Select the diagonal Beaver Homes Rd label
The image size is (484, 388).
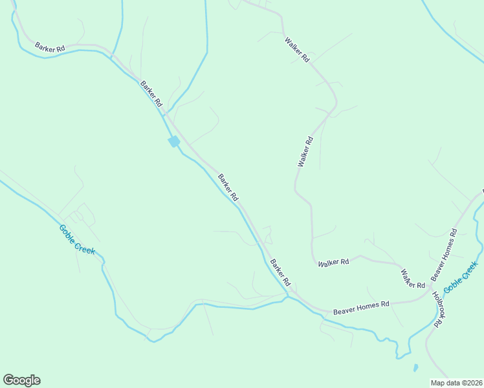tap(445, 255)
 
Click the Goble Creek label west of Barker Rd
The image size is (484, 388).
tap(77, 239)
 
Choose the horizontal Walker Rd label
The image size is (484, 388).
tap(333, 262)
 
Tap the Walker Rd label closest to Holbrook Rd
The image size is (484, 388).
tap(412, 279)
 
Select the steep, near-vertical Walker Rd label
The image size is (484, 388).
tap(305, 151)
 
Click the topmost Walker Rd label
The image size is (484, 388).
tap(297, 50)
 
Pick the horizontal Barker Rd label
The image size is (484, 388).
tap(50, 47)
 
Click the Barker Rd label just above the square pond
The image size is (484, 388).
tap(151, 93)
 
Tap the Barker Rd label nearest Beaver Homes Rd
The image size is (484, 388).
tap(281, 273)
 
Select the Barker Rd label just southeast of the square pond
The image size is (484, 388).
tap(228, 187)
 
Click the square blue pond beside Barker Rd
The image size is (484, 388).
tap(173, 142)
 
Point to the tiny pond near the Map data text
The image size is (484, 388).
tap(415, 368)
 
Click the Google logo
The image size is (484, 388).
tap(21, 380)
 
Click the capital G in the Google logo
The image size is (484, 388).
tap(8, 380)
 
